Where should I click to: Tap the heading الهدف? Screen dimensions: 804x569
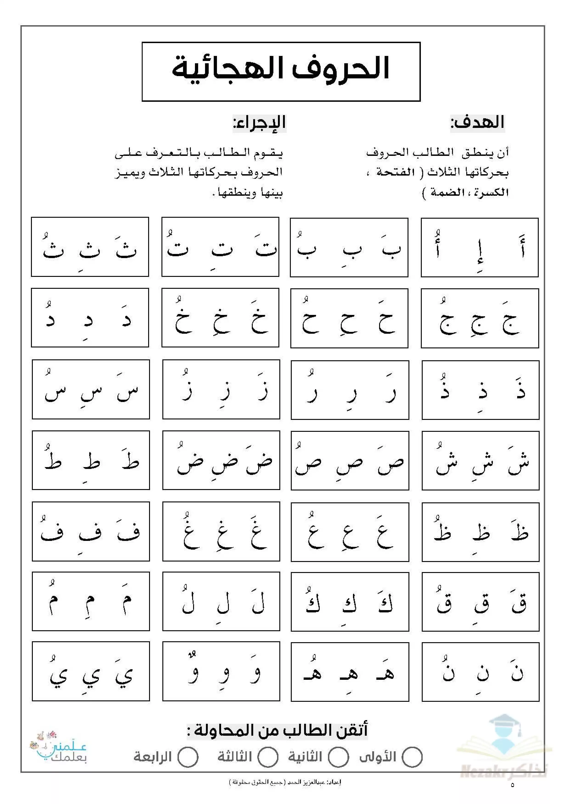coord(477,123)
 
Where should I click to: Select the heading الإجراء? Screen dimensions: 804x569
coord(260,123)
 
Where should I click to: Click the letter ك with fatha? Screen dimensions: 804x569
coord(385,603)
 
